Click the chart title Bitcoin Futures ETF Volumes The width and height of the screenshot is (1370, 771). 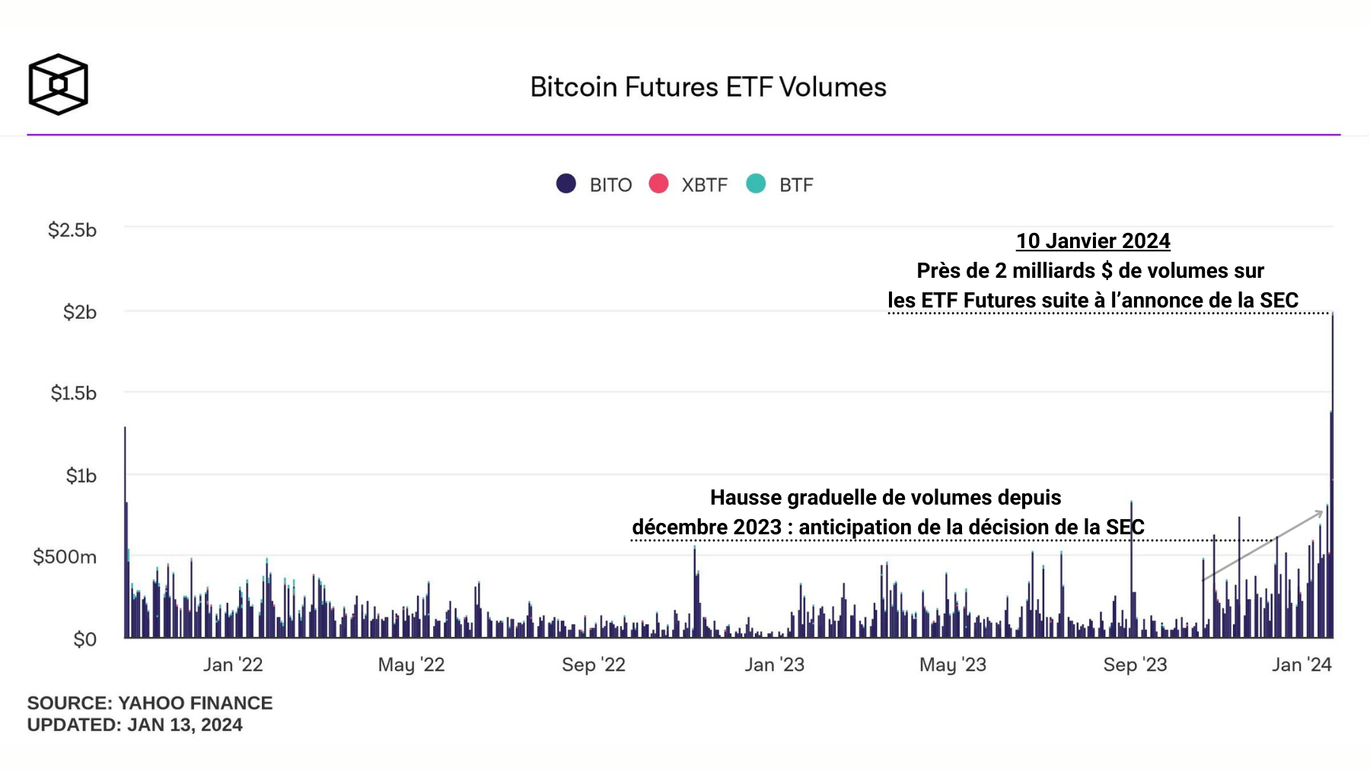708,87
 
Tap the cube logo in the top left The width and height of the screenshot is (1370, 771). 58,84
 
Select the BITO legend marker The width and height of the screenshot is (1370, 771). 566,183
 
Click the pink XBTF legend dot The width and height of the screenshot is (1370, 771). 658,183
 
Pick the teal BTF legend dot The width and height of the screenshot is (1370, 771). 756,183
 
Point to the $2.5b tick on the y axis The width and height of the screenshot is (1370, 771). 72,230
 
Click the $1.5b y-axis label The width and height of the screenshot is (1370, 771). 74,393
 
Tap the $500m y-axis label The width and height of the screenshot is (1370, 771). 65,556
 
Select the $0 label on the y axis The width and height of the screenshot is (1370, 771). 84,639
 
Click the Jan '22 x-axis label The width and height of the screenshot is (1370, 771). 233,664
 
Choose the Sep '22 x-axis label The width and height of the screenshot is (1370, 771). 594,664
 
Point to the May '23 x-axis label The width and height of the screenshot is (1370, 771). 953,664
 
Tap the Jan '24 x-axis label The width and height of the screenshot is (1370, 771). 1301,664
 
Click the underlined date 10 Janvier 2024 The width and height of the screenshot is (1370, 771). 1093,241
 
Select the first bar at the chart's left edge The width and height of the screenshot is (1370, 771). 126,533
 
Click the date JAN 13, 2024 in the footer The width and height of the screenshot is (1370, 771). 185,725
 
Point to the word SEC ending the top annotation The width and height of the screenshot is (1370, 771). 1279,301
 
